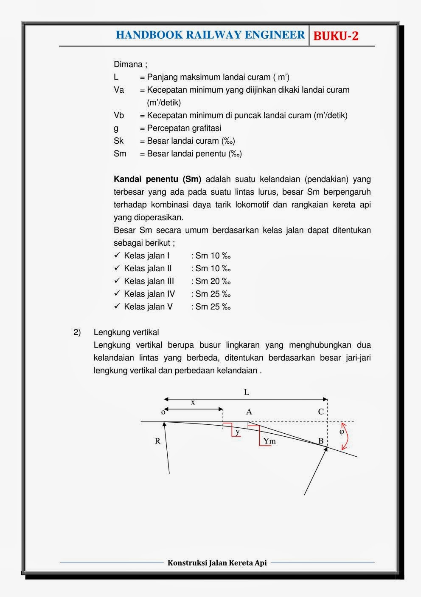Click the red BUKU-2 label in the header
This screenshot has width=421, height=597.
336,36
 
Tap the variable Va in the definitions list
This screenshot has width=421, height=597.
119,90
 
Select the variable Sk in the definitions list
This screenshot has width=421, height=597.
118,141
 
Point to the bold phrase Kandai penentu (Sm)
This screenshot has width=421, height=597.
157,179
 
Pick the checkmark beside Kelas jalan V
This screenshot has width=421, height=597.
118,306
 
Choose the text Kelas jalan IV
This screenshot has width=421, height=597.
149,294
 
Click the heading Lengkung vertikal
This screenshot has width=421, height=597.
126,332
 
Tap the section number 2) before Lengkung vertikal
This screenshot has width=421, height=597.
77,332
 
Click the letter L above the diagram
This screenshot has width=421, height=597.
246,392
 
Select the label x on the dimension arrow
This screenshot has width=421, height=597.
193,402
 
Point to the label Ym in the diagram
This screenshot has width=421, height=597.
269,441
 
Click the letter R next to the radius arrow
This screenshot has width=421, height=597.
157,441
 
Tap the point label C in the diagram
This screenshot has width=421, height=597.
321,412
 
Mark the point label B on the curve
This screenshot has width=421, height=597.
321,441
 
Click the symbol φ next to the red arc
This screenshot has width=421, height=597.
342,432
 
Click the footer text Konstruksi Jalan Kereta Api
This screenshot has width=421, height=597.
217,563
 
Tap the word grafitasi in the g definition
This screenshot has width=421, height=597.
205,128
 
